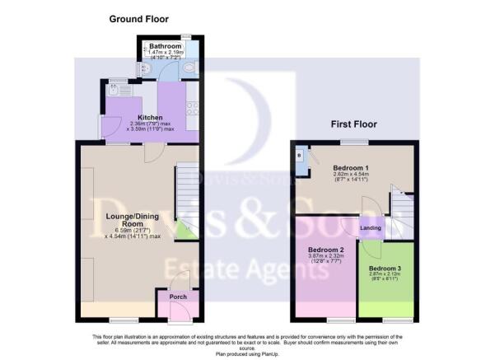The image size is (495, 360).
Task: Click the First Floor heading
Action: click(x=353, y=125)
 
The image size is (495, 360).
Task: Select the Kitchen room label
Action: click(x=150, y=118)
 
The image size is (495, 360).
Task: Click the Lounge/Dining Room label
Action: click(x=125, y=220)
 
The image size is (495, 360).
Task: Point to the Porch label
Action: click(x=177, y=297)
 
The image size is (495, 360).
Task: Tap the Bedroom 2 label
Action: click(x=325, y=250)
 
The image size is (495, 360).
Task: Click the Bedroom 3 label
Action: click(x=385, y=269)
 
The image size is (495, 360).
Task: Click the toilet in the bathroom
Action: click(x=189, y=69)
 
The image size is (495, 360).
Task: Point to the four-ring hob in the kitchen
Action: click(x=193, y=106)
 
